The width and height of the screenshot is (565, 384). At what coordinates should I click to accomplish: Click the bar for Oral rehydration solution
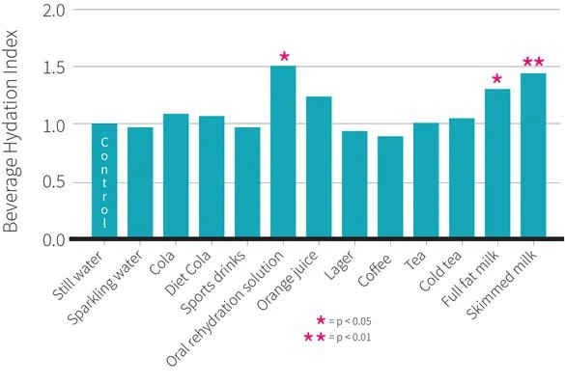coord(283,151)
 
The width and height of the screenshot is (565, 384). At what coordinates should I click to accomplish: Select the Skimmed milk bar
coord(533,155)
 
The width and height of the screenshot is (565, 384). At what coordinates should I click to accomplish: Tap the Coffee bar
coord(390,186)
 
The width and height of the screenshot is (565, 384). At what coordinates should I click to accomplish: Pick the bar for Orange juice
coord(319,167)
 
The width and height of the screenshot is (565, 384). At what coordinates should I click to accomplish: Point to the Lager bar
coord(354,184)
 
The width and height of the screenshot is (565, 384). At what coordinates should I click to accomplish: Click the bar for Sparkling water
coord(140,182)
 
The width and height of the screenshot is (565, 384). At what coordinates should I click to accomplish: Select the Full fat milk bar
coord(497,163)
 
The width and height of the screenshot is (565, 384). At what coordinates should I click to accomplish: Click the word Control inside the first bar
coord(104,182)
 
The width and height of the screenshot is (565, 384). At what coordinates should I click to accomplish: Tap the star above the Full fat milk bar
coord(496,78)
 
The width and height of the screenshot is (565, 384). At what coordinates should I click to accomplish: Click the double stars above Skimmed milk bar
coord(533,62)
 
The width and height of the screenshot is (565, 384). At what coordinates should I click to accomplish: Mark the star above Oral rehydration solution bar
coord(284,56)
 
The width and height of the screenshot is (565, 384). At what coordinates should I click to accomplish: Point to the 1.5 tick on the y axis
coord(54,68)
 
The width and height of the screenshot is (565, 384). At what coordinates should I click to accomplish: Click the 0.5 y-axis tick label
coord(54,182)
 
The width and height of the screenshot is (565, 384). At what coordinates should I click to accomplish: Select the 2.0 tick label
coord(54,11)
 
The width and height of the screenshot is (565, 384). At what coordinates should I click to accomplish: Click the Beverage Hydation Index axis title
coord(10,131)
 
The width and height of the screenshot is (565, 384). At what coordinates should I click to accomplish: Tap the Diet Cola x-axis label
coord(187,272)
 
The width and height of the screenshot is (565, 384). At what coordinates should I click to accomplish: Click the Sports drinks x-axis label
coord(213,282)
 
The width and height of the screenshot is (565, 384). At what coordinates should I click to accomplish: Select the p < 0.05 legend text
coord(353,321)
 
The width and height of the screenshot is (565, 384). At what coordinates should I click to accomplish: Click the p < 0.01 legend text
coord(353,338)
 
